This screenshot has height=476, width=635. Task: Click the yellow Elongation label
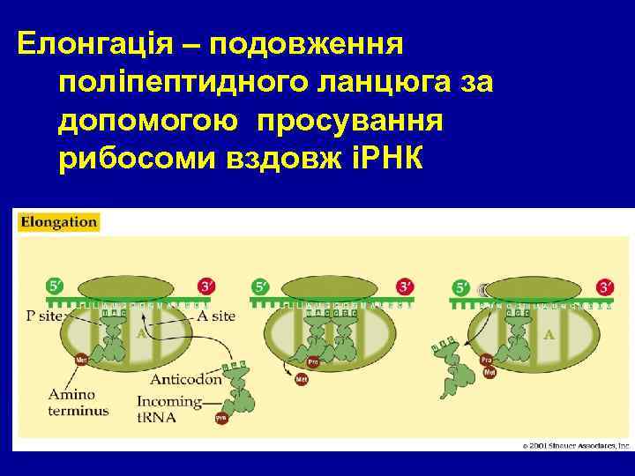tap(59, 222)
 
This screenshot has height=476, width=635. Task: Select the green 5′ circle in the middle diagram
tap(261, 286)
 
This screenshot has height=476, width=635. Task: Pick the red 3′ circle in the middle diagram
tap(406, 286)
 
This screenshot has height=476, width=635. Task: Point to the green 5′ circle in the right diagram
tap(460, 286)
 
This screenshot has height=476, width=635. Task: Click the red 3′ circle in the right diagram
tap(605, 286)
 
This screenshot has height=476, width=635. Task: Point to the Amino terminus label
tap(79, 402)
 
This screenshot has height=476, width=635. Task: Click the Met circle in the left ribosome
tap(81, 359)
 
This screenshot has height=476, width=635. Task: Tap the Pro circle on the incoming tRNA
tap(221, 418)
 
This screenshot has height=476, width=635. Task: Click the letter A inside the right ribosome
tap(549, 335)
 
